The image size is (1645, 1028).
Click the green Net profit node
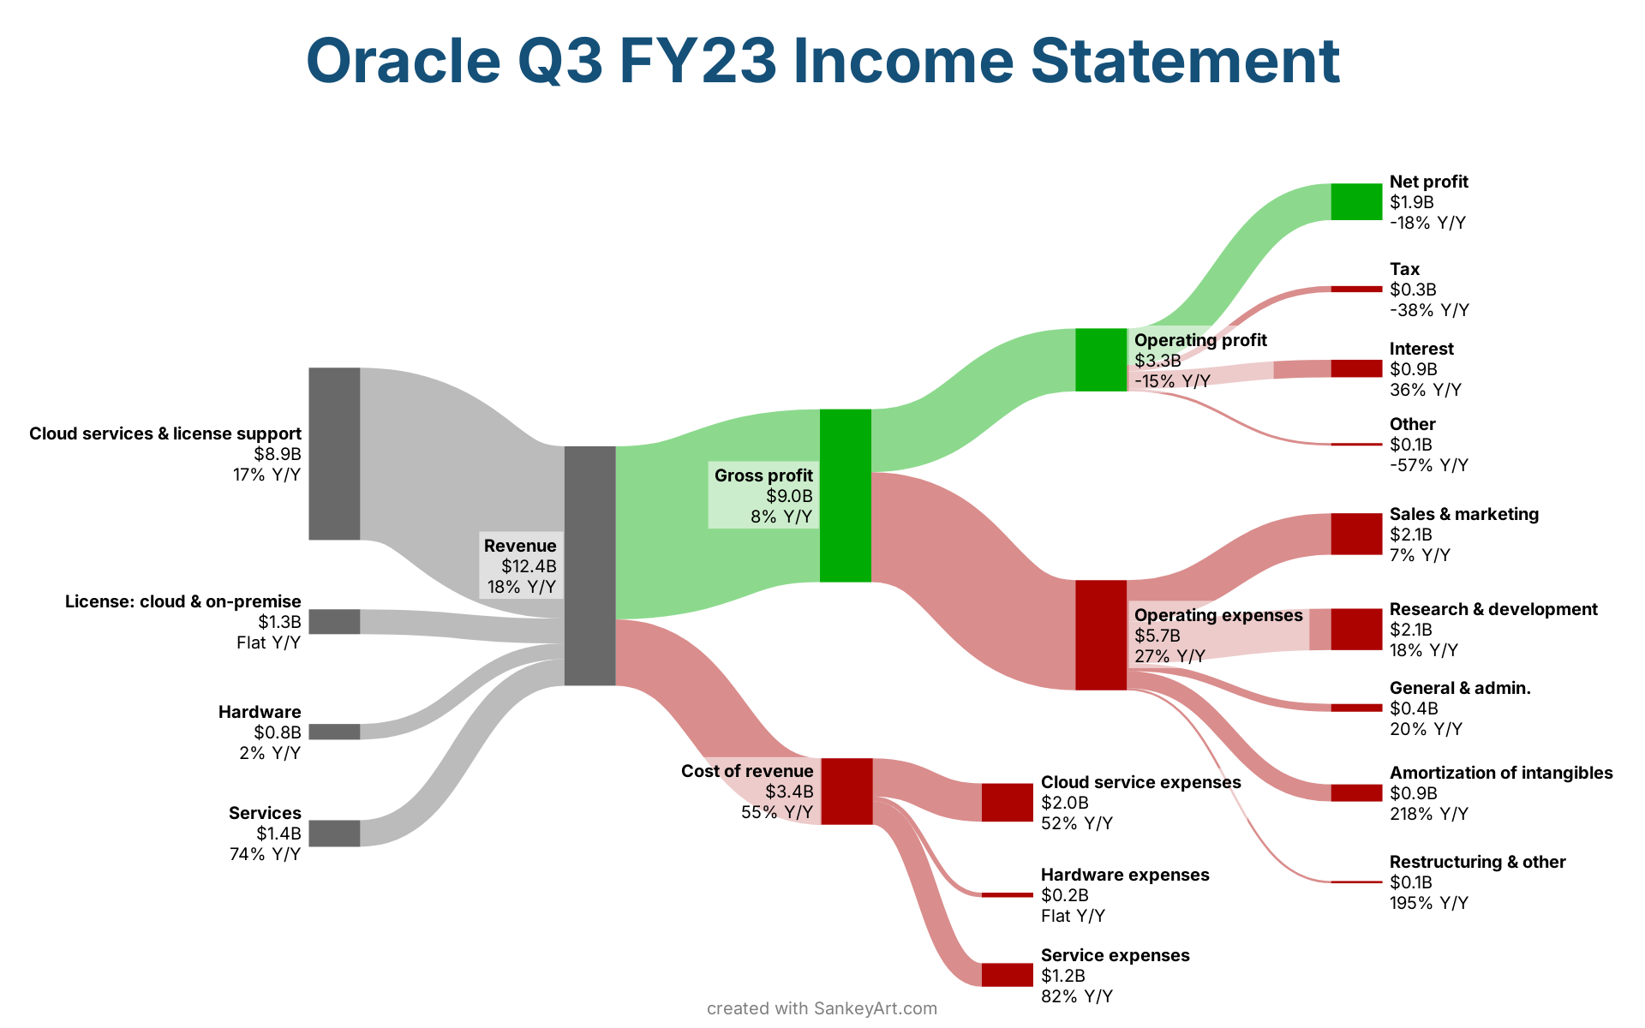[1356, 202]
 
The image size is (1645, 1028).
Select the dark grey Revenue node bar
[589, 566]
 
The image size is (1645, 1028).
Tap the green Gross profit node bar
[846, 496]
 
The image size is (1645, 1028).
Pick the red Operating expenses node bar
[1101, 635]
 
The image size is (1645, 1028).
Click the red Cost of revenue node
[846, 792]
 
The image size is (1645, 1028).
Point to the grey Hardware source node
[334, 732]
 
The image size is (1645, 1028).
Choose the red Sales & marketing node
[1356, 534]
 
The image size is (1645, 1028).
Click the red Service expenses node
[1007, 975]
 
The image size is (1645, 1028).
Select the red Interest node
[1356, 368]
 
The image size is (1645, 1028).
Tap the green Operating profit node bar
[1101, 360]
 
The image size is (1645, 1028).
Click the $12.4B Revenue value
[529, 566]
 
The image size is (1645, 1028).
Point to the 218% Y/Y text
[1429, 814]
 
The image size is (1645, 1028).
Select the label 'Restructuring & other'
[1478, 862]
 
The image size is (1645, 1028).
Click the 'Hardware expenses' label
[1125, 875]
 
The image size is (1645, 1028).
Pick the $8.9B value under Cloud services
[278, 454]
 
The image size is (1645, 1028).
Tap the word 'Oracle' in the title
[403, 61]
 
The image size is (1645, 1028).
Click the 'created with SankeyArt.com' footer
[822, 1008]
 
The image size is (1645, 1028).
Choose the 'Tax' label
[1404, 269]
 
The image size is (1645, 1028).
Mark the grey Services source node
[334, 834]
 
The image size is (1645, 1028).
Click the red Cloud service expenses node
[1007, 803]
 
